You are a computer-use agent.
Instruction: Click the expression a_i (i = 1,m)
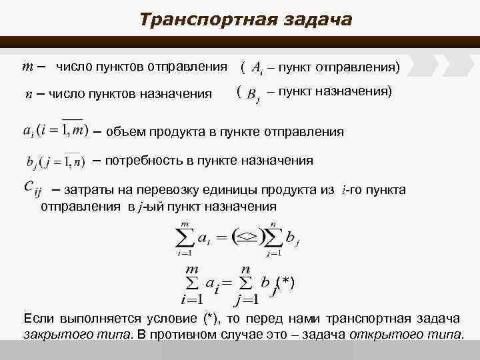coord(55,129)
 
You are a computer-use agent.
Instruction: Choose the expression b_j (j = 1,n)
coord(55,161)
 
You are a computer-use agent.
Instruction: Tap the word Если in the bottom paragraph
coord(38,317)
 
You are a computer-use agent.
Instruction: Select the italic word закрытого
coord(53,333)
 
